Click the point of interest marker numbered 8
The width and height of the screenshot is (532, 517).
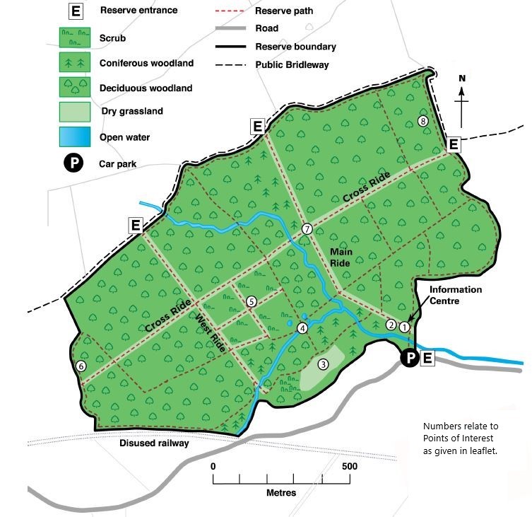click(x=422, y=120)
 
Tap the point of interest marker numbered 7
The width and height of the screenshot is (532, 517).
click(x=307, y=228)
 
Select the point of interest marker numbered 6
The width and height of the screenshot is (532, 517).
click(x=81, y=366)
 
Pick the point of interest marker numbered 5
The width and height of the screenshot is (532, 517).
click(x=251, y=301)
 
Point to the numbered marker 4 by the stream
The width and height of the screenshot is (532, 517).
click(x=302, y=327)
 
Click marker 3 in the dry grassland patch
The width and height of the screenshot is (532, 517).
click(x=323, y=364)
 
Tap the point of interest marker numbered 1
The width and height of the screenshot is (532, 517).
click(x=404, y=327)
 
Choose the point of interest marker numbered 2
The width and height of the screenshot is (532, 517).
click(x=391, y=325)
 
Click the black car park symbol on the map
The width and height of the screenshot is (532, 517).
click(x=410, y=359)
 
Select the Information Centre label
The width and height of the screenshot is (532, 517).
click(x=456, y=295)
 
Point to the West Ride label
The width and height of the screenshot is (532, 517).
click(x=210, y=331)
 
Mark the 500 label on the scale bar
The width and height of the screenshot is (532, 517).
click(x=350, y=467)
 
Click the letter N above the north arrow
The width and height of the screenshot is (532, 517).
click(x=462, y=79)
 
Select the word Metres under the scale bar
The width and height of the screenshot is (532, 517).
click(x=281, y=492)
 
